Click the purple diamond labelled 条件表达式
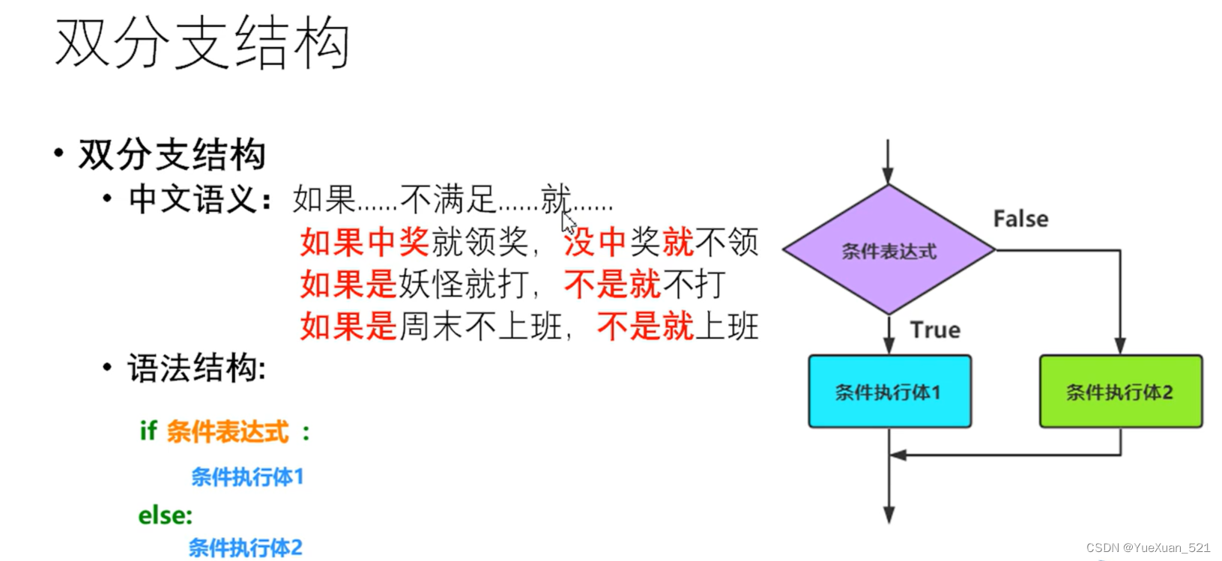[889, 251]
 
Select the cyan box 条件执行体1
[889, 392]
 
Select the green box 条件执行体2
[1120, 392]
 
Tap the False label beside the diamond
[1020, 219]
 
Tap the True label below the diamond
[935, 330]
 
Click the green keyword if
[148, 431]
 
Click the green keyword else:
[166, 515]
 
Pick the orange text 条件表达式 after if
[228, 432]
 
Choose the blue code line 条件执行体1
[247, 477]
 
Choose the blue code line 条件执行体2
[245, 548]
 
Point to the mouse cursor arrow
[569, 222]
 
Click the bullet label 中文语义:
[199, 199]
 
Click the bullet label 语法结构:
[196, 369]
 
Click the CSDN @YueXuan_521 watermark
[1148, 548]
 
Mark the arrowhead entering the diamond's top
[889, 177]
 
